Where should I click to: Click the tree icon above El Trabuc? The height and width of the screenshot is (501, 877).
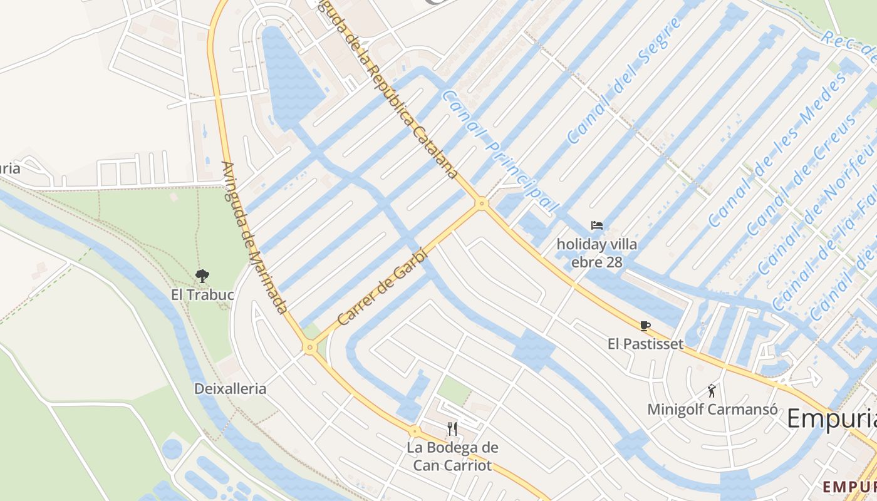[202, 276]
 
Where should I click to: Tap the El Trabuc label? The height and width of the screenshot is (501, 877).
[202, 294]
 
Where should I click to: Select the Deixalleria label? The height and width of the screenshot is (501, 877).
[230, 388]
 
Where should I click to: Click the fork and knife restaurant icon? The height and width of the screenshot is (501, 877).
[452, 428]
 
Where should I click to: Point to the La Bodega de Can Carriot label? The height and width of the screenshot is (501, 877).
[452, 457]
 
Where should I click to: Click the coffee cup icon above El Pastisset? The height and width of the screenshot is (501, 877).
[645, 326]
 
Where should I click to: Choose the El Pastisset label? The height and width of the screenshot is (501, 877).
[645, 344]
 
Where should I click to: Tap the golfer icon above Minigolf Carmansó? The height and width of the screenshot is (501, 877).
[712, 391]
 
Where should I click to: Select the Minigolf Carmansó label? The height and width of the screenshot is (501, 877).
[712, 410]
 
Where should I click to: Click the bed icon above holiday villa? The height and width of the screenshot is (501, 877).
[596, 225]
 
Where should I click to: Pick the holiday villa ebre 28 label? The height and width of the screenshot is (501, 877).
[596, 253]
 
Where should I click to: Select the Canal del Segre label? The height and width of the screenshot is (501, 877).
[623, 80]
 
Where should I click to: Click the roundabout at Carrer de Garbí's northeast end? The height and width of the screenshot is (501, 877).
[481, 203]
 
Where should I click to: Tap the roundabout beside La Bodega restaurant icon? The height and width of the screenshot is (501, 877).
[414, 431]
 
